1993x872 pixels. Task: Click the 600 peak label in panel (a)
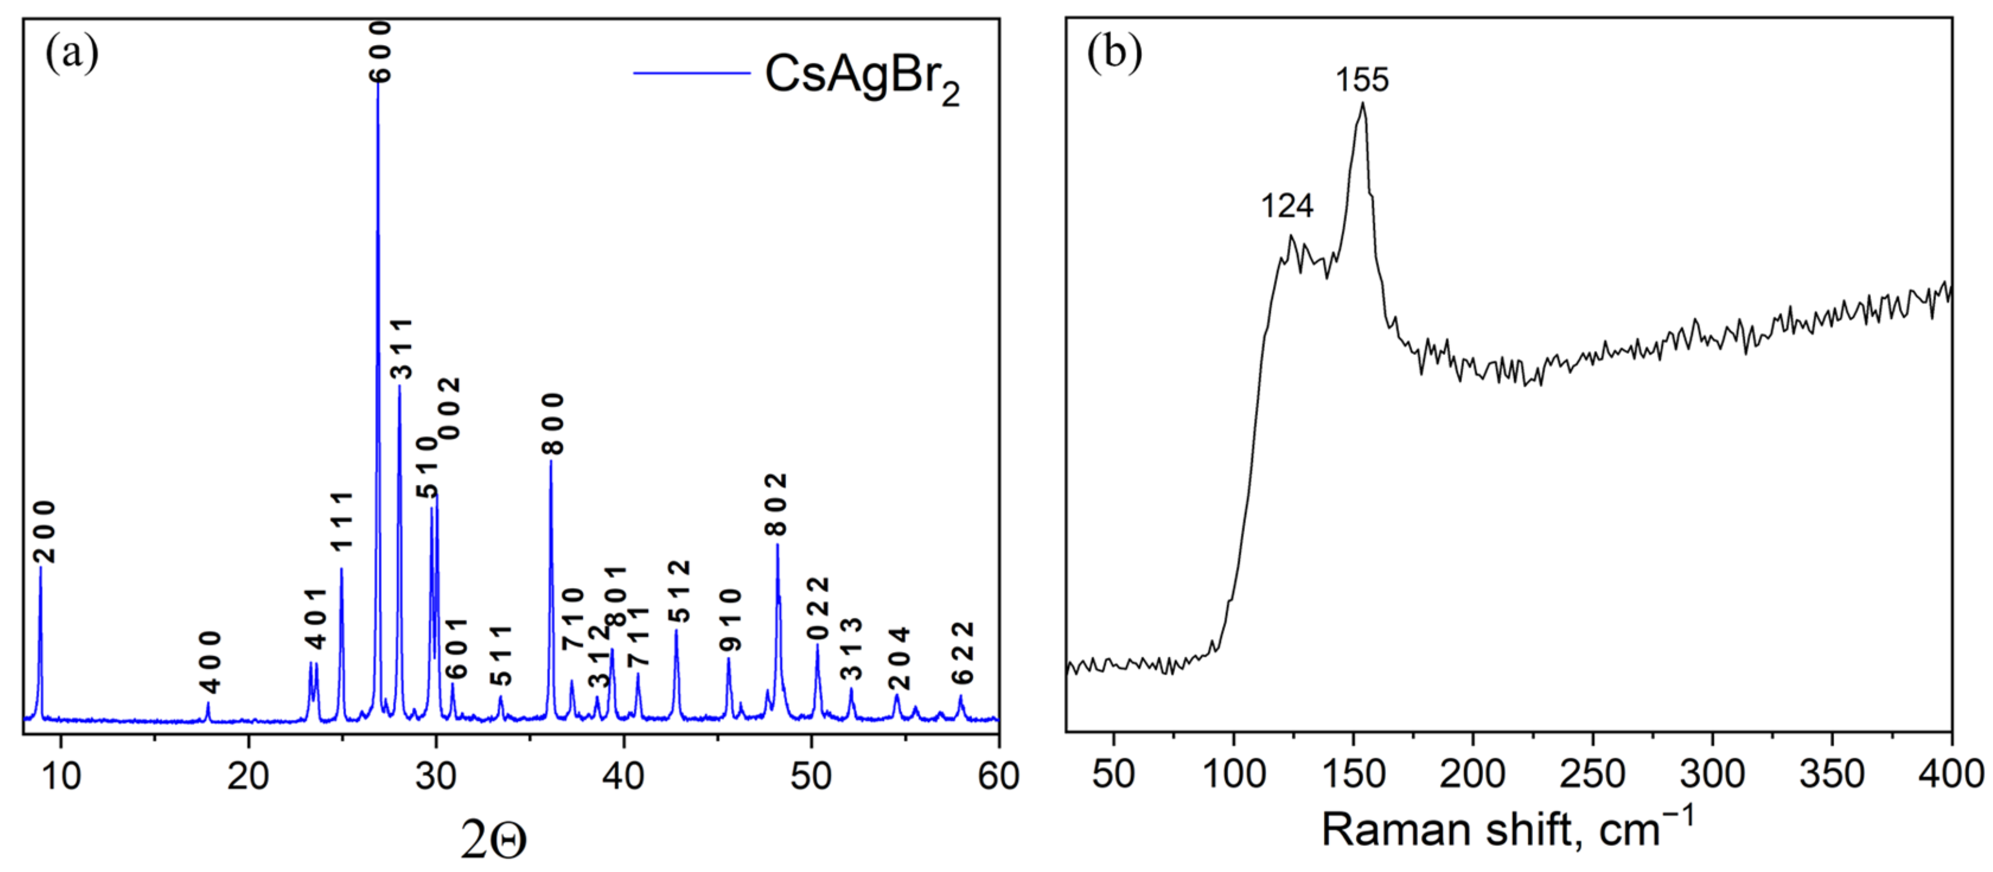click(380, 52)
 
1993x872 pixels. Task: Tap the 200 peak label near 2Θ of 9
click(45, 532)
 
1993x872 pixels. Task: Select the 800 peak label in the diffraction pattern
click(554, 423)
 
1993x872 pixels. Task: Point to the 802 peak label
click(776, 504)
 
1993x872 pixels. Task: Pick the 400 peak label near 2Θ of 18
click(210, 662)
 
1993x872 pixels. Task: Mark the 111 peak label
click(341, 520)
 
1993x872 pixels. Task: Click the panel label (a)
click(72, 53)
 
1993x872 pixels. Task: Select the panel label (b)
click(1114, 53)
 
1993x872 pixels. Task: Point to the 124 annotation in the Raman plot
click(1288, 206)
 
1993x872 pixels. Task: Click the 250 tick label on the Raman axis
click(1592, 775)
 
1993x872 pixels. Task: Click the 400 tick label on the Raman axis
click(1950, 775)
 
